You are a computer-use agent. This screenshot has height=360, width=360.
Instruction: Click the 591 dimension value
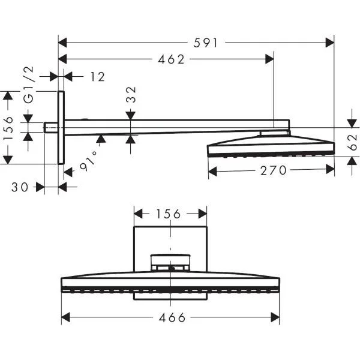coord(205,43)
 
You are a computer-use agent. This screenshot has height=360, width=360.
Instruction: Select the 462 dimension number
coord(171,59)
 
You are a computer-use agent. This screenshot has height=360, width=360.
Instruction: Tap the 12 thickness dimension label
coord(98,77)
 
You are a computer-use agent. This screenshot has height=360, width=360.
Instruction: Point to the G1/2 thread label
coord(29,85)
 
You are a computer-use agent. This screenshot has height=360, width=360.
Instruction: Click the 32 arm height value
coord(131,95)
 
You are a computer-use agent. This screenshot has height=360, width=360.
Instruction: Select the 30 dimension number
coord(20,187)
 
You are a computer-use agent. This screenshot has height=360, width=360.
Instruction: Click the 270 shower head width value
coord(274,170)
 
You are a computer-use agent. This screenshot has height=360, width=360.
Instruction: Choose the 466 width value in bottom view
coord(172,317)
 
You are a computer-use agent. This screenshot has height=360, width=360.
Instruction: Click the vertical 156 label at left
coord(8,128)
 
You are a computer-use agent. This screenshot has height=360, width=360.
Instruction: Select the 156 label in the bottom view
coord(169,214)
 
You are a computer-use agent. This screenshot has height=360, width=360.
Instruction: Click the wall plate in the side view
coord(61,128)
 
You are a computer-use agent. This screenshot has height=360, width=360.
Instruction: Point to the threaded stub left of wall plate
coord(51,128)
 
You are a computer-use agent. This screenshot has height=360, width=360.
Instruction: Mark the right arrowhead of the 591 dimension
coord(329,43)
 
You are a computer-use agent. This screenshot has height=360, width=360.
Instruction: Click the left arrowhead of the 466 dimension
coord(65,317)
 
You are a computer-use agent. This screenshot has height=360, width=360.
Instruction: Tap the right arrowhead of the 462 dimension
coord(269,59)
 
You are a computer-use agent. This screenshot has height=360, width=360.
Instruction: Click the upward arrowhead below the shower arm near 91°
coord(101,139)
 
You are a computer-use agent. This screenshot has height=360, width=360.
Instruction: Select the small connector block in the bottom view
coord(170,263)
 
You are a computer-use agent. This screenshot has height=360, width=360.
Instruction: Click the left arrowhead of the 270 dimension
coord(212,172)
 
